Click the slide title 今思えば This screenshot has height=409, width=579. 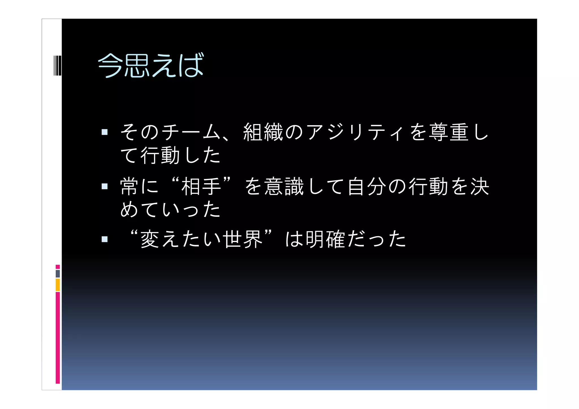pos(150,65)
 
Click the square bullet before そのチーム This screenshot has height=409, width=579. pos(105,132)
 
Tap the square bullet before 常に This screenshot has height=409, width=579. pos(105,186)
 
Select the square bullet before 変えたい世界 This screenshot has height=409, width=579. pos(105,239)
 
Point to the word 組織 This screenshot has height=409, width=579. pos(263,132)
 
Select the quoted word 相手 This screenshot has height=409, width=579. pos(201,186)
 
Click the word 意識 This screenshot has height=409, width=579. pos(284,186)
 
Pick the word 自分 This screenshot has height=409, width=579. pos(367,186)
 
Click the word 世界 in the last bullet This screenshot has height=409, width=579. pos(243,239)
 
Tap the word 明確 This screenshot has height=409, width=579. pos(325,239)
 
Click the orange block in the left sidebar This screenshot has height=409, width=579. pos(58,285)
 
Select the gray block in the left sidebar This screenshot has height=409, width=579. pos(58,274)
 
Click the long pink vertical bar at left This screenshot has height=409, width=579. pos(58,338)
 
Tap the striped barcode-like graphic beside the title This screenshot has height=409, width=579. pos(57,66)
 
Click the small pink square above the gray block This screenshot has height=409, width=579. pos(58,267)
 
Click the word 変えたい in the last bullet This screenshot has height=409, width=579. pos(181,239)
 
